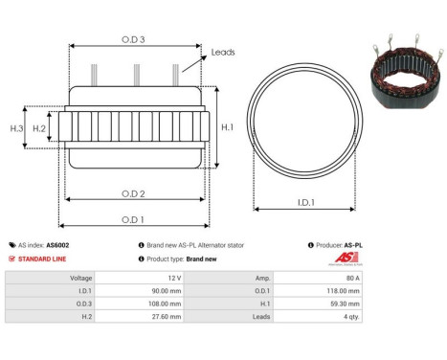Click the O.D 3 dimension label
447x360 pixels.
coord(134,39)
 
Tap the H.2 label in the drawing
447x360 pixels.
coord(39,127)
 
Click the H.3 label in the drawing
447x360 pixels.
coord(16,127)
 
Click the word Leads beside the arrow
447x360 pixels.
coord(223,53)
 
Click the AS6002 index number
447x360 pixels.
coord(57,245)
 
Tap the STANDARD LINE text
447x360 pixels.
coord(42,259)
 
